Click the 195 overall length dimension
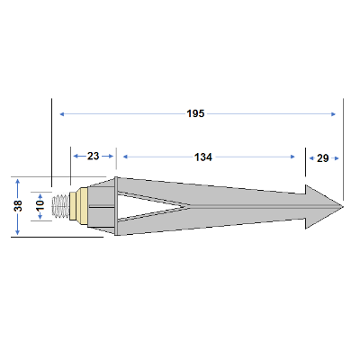195,113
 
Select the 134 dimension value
203,157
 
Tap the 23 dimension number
93,156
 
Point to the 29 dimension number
323,158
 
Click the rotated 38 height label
18,206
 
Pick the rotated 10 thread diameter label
40,205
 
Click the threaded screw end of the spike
60,206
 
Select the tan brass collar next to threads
79,206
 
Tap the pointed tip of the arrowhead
343,206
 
